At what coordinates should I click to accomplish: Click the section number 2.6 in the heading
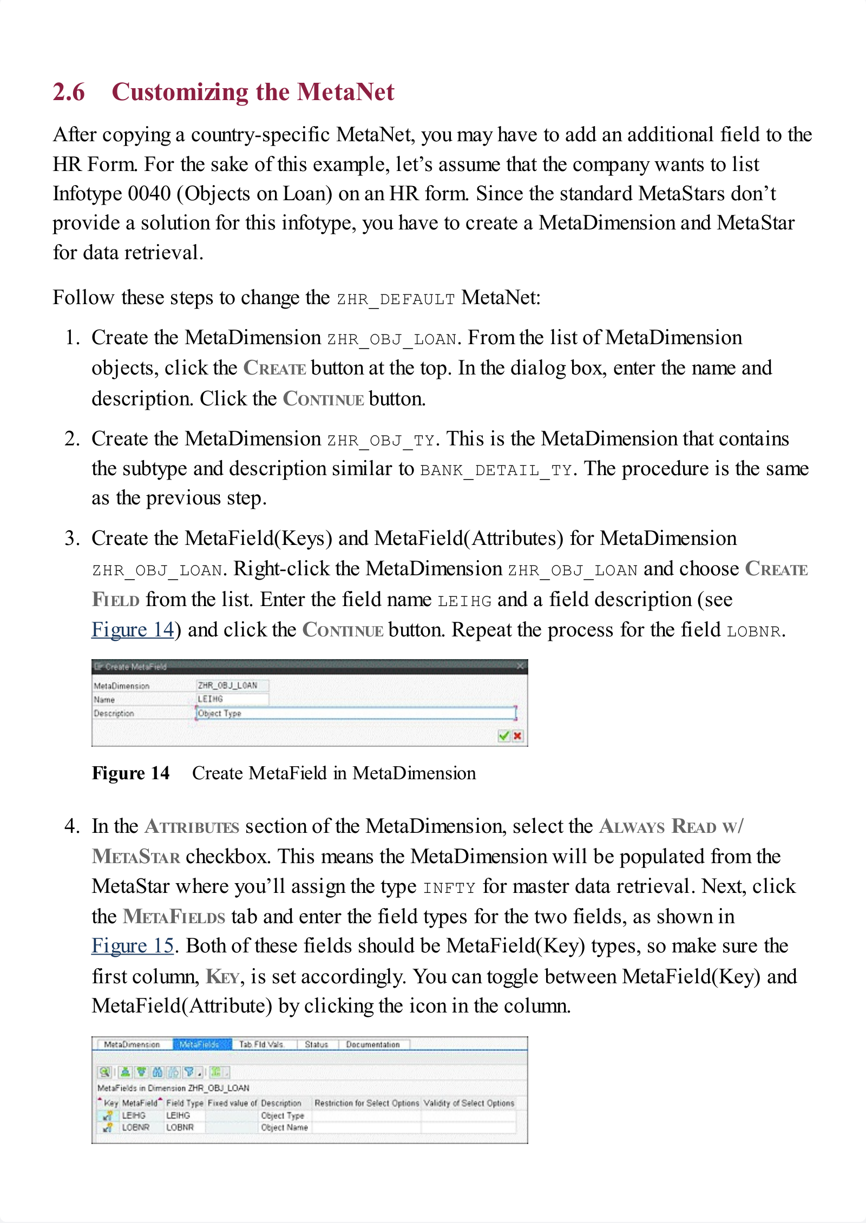(69, 92)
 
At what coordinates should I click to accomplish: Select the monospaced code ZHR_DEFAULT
(396, 299)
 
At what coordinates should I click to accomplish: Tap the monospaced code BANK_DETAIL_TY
(496, 470)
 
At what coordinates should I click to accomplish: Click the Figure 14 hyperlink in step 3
(133, 630)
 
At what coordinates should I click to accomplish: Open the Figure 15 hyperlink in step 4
(133, 946)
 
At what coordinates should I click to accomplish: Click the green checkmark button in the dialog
(504, 735)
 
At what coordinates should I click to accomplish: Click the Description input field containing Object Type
(355, 713)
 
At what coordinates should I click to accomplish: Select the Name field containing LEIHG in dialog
(232, 699)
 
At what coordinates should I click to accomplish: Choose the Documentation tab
(373, 1044)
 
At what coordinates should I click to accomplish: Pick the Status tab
(317, 1044)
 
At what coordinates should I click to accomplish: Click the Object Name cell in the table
(284, 1128)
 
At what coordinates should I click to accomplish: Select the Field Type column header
(185, 1103)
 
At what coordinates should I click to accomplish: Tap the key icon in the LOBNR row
(108, 1128)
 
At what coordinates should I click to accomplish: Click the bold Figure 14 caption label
(130, 773)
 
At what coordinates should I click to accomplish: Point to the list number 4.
(72, 826)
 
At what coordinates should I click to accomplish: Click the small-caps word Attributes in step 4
(192, 827)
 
